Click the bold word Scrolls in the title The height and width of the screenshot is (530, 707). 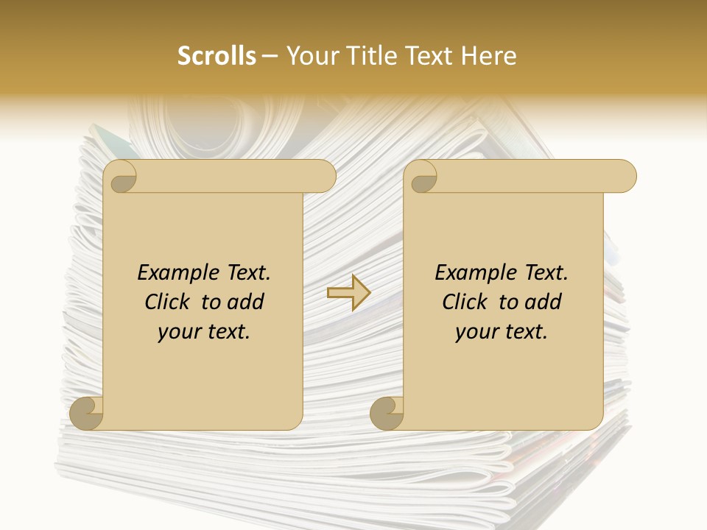(217, 56)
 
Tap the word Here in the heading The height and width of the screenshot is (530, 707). (488, 56)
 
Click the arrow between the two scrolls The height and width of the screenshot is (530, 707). (348, 292)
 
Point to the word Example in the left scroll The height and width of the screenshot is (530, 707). (173, 273)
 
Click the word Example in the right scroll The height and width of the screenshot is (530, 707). (471, 273)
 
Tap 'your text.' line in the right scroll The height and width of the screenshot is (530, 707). (502, 332)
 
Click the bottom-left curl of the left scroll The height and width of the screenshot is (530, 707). (87, 413)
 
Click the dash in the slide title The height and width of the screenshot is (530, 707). (270, 56)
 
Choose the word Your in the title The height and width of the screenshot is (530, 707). (311, 56)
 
